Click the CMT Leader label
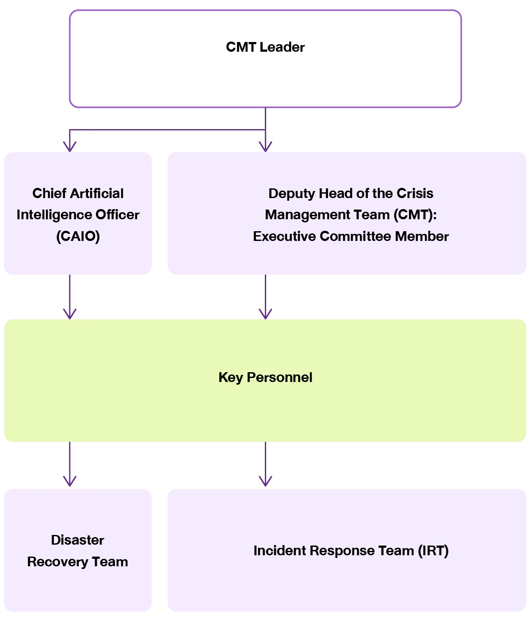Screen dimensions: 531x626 click(265, 47)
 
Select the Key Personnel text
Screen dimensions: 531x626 click(265, 378)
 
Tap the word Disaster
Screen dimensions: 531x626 click(77, 540)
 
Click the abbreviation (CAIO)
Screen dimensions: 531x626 click(78, 236)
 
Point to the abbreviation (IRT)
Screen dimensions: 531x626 click(433, 550)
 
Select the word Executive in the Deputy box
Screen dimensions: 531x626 click(284, 236)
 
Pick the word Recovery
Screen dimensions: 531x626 click(57, 562)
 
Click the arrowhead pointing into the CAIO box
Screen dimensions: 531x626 click(70, 147)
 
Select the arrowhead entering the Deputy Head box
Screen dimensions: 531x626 click(265, 147)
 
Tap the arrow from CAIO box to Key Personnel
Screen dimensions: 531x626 click(70, 297)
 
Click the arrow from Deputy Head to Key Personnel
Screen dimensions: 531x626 click(265, 297)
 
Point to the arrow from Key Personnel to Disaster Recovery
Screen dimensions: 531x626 click(70, 464)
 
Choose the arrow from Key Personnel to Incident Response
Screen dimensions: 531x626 click(265, 464)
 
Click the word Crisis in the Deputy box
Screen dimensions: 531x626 click(415, 193)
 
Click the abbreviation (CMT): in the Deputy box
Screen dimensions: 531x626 click(415, 215)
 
